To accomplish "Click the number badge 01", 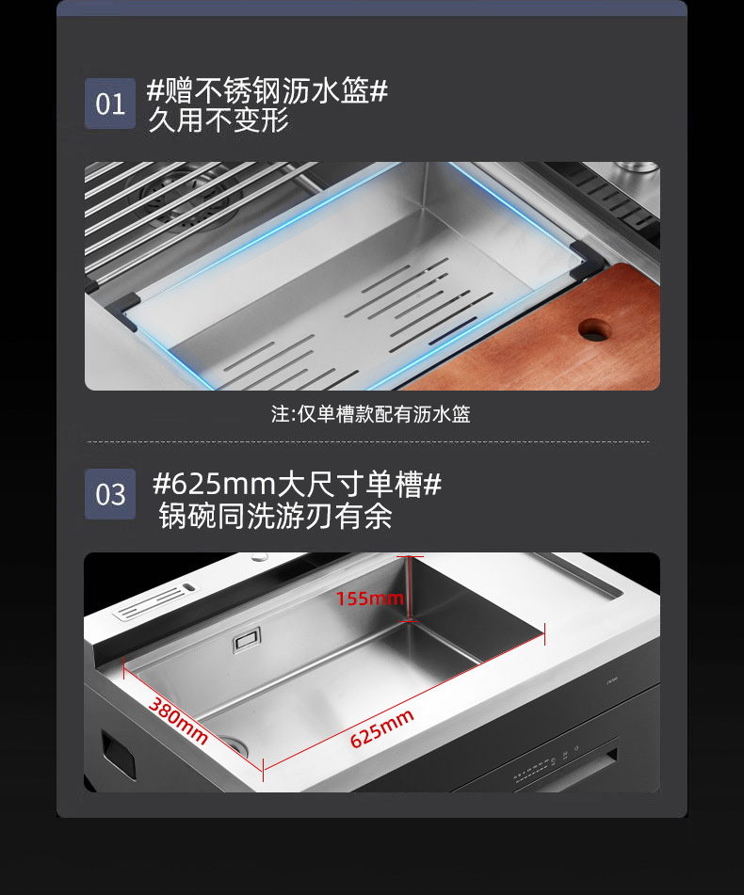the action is click(x=110, y=104).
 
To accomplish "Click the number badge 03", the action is click(x=110, y=494).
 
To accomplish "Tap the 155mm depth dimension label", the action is click(x=369, y=599).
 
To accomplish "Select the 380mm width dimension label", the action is click(x=178, y=721).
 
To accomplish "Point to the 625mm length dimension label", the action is click(x=381, y=729).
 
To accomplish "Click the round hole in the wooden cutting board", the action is click(x=594, y=330).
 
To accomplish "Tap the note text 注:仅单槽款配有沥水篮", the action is click(x=370, y=414).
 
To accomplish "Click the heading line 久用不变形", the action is click(x=218, y=120).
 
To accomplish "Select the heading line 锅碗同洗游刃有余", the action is click(x=275, y=516).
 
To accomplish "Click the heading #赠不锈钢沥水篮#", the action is click(x=267, y=90).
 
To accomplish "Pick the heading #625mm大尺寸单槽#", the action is click(x=297, y=484).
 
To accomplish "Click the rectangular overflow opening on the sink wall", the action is click(x=247, y=640).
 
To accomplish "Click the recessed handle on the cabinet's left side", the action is click(x=118, y=754).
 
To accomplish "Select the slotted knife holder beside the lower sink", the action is click(x=154, y=602).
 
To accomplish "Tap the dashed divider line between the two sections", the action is click(x=368, y=441).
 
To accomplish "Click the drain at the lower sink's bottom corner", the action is click(x=235, y=744).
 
